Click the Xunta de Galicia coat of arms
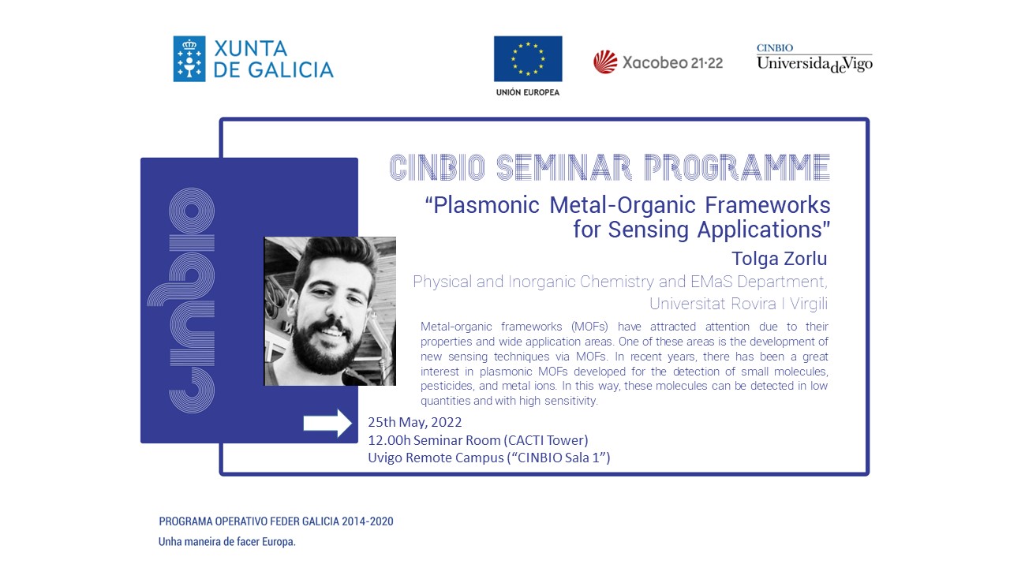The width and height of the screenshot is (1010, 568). click(x=189, y=59)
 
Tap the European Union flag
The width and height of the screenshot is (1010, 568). click(x=528, y=59)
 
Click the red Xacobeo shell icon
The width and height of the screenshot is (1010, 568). click(x=605, y=62)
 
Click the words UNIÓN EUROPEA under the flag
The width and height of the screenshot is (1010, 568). click(x=528, y=92)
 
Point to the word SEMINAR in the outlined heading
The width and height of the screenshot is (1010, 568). click(x=563, y=166)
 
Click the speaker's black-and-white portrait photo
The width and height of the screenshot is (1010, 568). click(x=330, y=311)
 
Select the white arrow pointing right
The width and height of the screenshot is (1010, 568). click(x=327, y=423)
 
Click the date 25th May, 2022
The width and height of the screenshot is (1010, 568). click(x=414, y=423)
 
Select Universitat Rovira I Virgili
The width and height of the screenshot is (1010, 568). click(x=739, y=304)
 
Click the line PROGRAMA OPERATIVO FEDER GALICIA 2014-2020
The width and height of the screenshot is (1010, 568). click(x=275, y=521)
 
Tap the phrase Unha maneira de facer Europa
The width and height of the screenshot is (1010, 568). click(x=226, y=543)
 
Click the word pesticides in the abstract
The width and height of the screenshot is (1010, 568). click(x=448, y=387)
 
